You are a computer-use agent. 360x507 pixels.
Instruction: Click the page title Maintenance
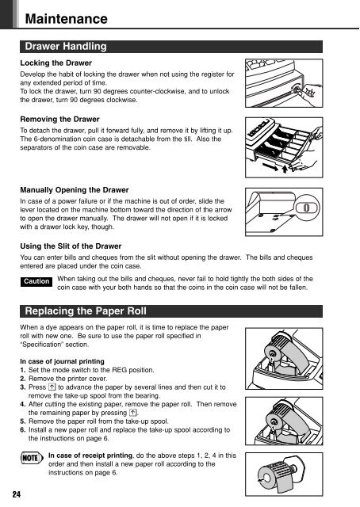point(66,19)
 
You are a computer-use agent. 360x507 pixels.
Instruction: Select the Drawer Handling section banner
point(171,47)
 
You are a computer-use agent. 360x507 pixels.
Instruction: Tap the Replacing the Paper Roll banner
point(171,311)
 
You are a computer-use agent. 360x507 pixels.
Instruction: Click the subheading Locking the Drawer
point(56,63)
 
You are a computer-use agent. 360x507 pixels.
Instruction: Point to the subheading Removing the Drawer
point(59,119)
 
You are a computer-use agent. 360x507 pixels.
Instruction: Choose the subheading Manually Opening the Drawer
point(74,190)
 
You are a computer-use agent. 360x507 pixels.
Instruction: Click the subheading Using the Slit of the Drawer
point(71,246)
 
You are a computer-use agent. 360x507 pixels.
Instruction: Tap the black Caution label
point(36,281)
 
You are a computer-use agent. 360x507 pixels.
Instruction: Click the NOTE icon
point(32,458)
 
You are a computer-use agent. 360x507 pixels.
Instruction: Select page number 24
point(16,494)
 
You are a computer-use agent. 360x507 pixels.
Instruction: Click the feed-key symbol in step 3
point(52,387)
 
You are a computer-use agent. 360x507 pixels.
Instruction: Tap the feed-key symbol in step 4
point(133,413)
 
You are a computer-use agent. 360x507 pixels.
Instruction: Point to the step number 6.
point(22,430)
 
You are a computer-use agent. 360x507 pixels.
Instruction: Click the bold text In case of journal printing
point(62,361)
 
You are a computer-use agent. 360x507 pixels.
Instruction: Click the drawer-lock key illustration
point(284,83)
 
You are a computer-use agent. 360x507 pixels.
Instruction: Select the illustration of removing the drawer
point(284,147)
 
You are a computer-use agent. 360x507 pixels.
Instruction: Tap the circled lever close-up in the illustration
point(307,208)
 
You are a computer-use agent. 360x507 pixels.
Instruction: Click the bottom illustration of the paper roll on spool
point(284,474)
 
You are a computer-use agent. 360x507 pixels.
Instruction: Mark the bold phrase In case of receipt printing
point(90,456)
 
